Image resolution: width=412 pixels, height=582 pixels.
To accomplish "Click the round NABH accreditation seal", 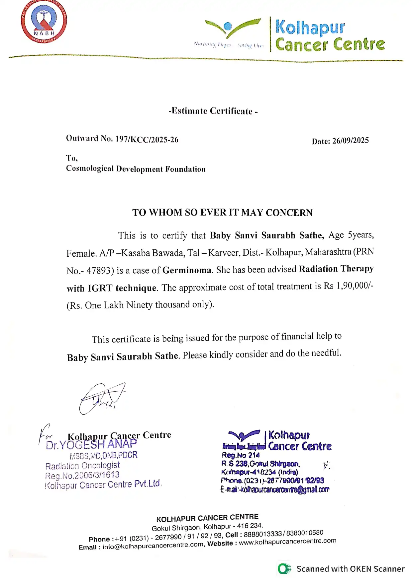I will pos(44,22).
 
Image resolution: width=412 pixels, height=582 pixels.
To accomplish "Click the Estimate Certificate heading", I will pos(213,111).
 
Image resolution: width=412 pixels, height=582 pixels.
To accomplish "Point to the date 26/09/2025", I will pos(351,141).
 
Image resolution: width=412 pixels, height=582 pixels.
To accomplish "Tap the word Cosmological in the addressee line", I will pos(90,168).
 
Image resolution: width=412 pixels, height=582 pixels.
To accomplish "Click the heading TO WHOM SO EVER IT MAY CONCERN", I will pos(222,213).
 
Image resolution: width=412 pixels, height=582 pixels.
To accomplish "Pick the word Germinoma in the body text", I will pos(187,270).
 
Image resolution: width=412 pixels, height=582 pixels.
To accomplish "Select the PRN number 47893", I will pos(98,271).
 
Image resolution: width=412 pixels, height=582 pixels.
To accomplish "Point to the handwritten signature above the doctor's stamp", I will pos(101,398).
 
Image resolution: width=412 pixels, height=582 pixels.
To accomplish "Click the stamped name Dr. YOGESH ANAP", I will pos(91,445).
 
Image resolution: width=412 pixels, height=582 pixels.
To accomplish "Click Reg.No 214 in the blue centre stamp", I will pos(241,455).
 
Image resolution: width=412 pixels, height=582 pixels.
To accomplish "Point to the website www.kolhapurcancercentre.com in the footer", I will pos(287,542).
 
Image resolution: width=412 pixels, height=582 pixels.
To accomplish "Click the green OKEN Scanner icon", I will pos(284,569).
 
